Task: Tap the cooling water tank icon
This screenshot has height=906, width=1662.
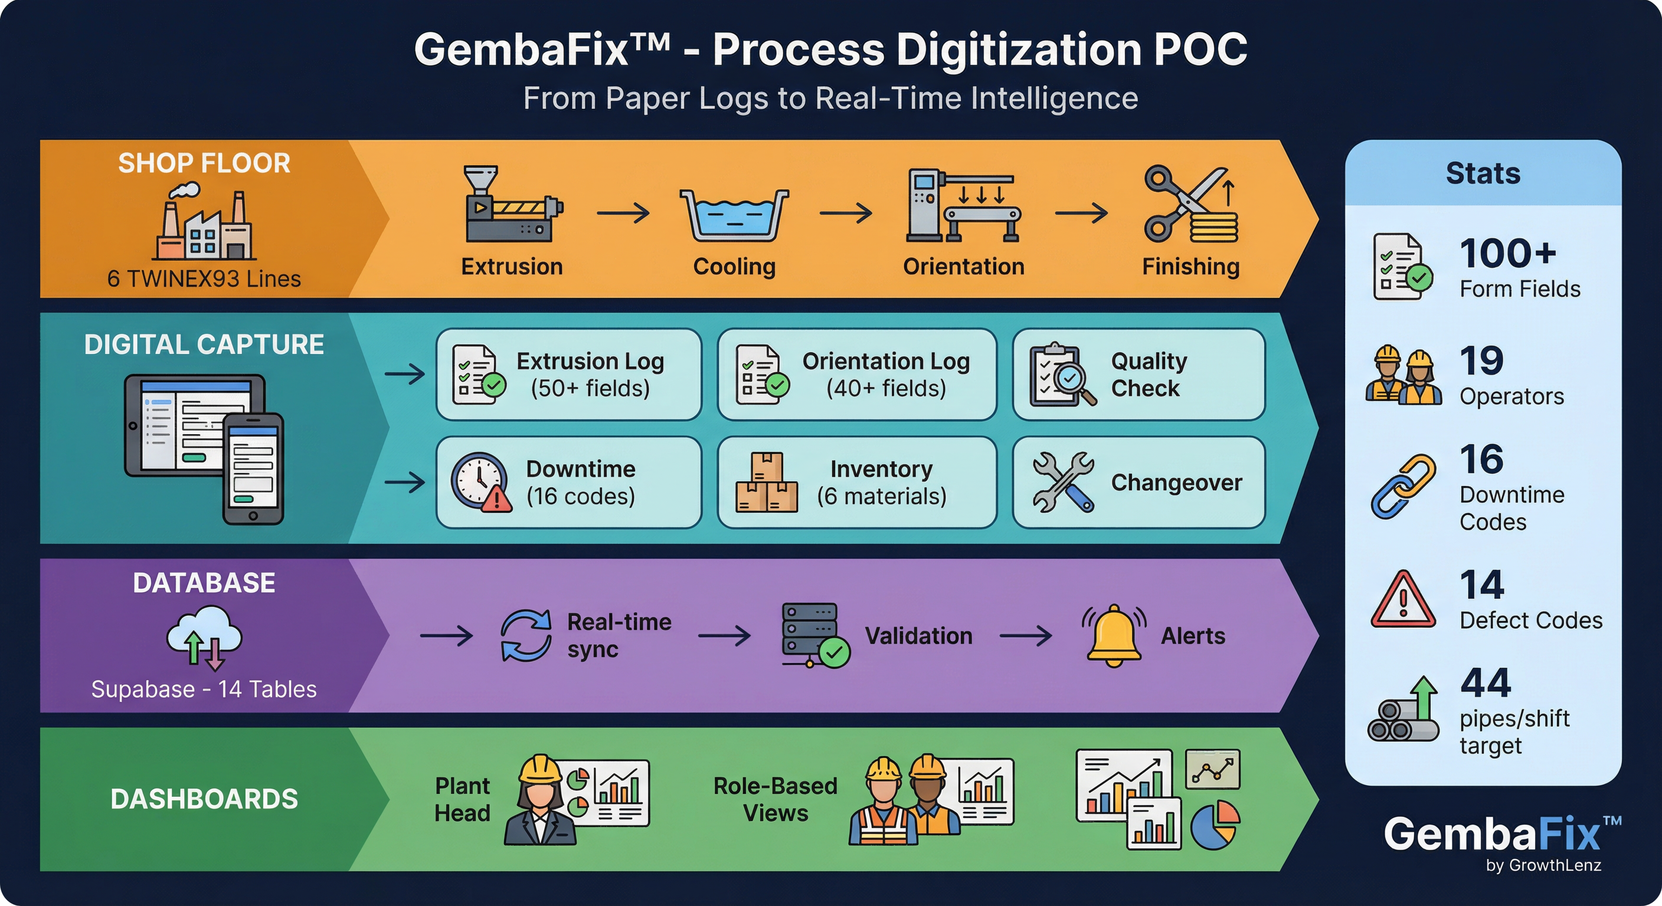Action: [x=734, y=215]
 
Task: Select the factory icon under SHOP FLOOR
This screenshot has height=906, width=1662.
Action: [x=204, y=222]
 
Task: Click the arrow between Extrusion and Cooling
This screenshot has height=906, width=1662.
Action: [x=623, y=213]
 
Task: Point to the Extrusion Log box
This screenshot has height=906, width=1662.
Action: [x=568, y=375]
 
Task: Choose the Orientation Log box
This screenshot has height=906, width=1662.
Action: [x=856, y=375]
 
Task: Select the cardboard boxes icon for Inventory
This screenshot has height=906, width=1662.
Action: [x=767, y=482]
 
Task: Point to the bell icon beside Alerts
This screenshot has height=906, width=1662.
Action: [x=1114, y=635]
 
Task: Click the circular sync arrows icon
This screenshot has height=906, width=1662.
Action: [x=526, y=636]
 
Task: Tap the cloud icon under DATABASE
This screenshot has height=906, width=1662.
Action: [x=204, y=636]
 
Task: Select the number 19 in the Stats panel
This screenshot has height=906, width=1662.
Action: [x=1481, y=360]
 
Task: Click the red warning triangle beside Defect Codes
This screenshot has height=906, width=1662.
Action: [x=1403, y=600]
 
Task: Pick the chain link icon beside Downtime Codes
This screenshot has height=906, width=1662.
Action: [x=1403, y=486]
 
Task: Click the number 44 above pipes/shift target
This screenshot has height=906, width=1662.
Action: [x=1485, y=683]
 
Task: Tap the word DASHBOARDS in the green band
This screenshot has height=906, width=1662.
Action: [x=204, y=799]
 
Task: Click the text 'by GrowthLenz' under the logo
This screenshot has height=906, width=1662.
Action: [x=1543, y=865]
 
